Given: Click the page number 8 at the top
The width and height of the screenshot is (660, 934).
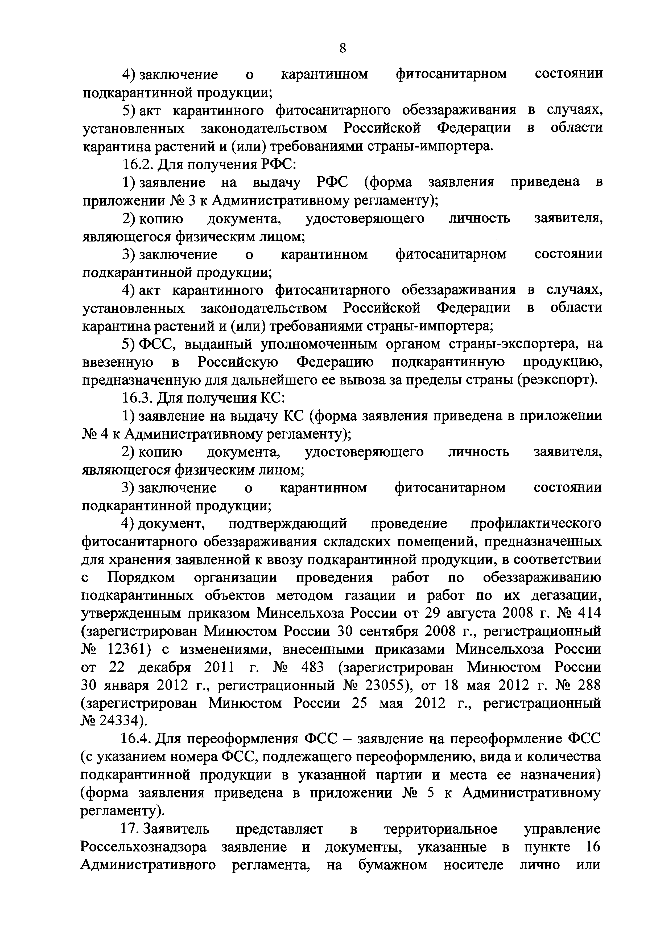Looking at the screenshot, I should [x=343, y=48].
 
